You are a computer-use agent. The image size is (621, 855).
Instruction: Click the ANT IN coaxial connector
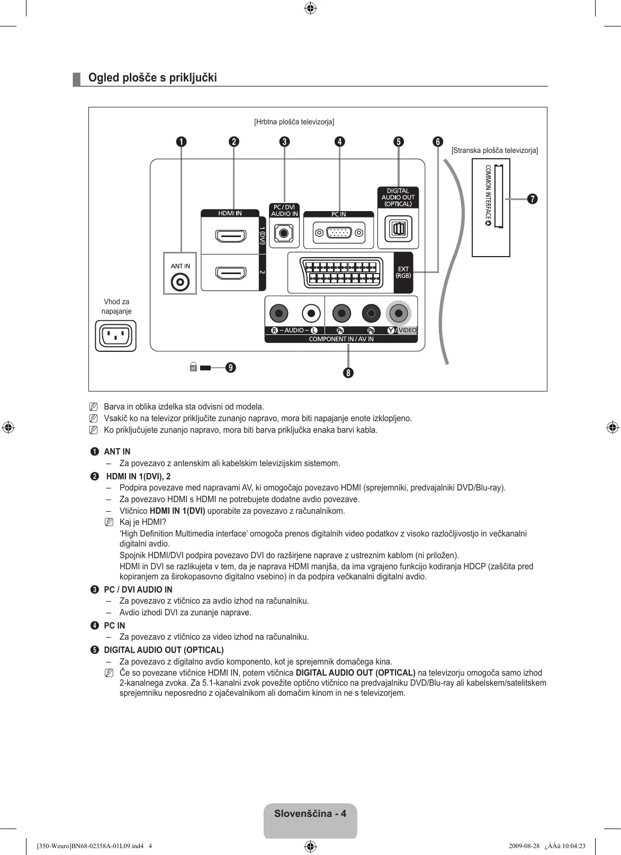click(x=180, y=282)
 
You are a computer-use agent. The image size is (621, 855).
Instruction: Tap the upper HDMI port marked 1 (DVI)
click(x=231, y=236)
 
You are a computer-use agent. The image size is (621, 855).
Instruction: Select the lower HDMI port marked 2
click(x=231, y=273)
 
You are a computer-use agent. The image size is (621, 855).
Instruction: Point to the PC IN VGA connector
click(x=339, y=233)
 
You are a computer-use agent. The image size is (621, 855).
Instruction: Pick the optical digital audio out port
click(x=398, y=229)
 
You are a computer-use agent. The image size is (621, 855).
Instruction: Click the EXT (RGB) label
click(x=403, y=272)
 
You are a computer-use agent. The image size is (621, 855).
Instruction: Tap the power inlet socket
click(x=115, y=335)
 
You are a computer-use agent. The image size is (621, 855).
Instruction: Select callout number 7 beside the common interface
click(x=532, y=199)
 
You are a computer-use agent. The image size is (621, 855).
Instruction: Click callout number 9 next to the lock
click(x=230, y=367)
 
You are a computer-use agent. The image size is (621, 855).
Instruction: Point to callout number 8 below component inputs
click(x=348, y=372)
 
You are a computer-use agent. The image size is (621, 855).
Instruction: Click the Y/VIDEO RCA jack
click(x=399, y=314)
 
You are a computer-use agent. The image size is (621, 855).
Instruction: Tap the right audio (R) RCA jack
click(x=278, y=314)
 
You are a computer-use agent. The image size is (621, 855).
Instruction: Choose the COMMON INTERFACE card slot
click(x=498, y=196)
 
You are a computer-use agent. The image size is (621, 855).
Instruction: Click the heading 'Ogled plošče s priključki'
click(x=152, y=78)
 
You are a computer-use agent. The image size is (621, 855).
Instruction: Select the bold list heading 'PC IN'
click(x=114, y=625)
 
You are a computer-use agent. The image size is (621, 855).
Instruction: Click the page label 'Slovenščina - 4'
click(x=310, y=814)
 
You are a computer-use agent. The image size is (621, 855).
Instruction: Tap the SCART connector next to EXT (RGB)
click(x=341, y=273)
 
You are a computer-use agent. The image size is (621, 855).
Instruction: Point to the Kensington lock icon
click(x=193, y=367)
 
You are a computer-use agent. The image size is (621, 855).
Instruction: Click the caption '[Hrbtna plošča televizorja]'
click(x=294, y=122)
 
